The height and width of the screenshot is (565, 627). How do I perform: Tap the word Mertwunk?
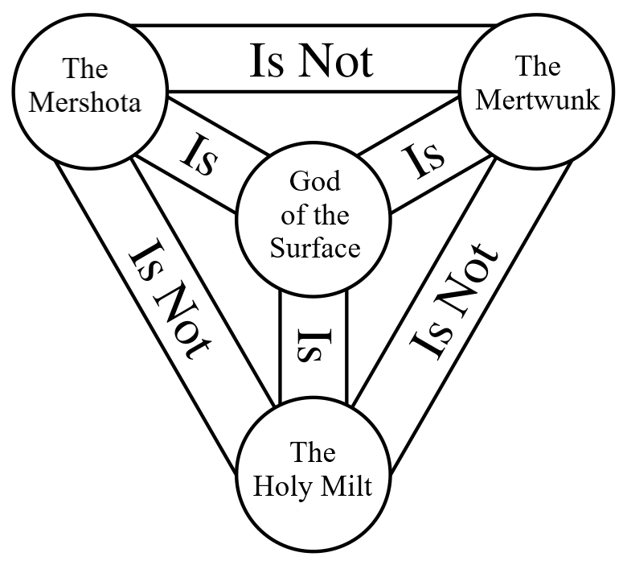[x=538, y=100]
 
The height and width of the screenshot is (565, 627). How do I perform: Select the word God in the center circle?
[x=314, y=181]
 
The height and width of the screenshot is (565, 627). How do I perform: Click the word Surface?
[x=314, y=248]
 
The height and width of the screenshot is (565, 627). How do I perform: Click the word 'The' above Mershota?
[x=86, y=69]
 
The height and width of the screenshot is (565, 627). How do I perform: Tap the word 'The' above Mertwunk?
[x=538, y=67]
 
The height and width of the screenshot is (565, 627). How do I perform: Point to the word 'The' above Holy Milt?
[x=313, y=452]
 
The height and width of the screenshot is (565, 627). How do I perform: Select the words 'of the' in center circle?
[x=314, y=215]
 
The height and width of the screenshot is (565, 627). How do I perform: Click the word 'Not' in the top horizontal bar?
[x=336, y=60]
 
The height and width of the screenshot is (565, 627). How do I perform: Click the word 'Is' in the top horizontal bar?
[x=265, y=60]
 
